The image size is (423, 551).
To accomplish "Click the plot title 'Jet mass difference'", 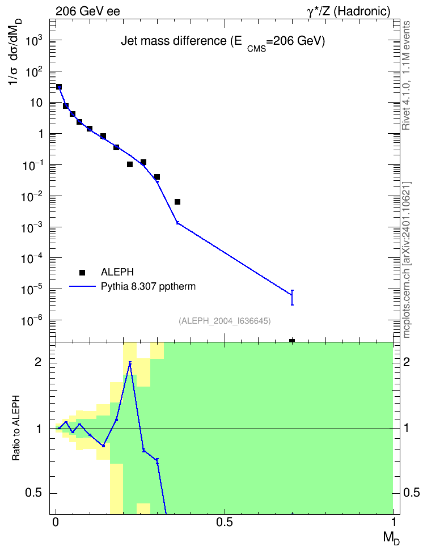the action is coord(174,41).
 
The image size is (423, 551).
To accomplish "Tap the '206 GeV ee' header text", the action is coord(87,11).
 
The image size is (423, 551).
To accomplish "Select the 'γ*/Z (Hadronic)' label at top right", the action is coord(349,11).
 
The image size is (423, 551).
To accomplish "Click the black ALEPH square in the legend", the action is coord(82,272).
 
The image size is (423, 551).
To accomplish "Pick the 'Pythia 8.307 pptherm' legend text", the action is coord(148,286).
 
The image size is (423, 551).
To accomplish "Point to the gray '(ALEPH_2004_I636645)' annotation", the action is coord(225,321).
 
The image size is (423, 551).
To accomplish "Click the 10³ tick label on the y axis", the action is coord(34,41).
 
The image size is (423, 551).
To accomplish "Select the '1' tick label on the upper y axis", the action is coord(40,134).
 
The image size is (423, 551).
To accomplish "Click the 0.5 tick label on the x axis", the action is coord(225,523).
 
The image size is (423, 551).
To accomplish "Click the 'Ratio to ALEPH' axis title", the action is coord(16,428).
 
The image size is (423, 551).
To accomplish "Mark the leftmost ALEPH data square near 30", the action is coord(59,87).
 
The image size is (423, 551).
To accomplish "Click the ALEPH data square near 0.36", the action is coord(177,202).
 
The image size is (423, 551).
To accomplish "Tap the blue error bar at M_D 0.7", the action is coord(292,297).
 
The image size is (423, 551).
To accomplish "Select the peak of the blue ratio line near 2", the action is coord(130,363).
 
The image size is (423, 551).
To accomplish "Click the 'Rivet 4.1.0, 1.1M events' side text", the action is coord(406,75).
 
